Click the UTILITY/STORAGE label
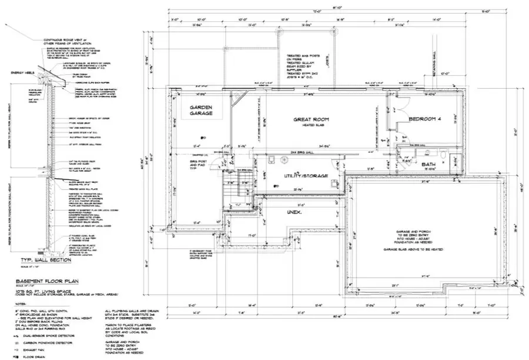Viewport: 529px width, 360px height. coord(298,175)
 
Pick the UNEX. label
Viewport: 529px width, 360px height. coord(294,211)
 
